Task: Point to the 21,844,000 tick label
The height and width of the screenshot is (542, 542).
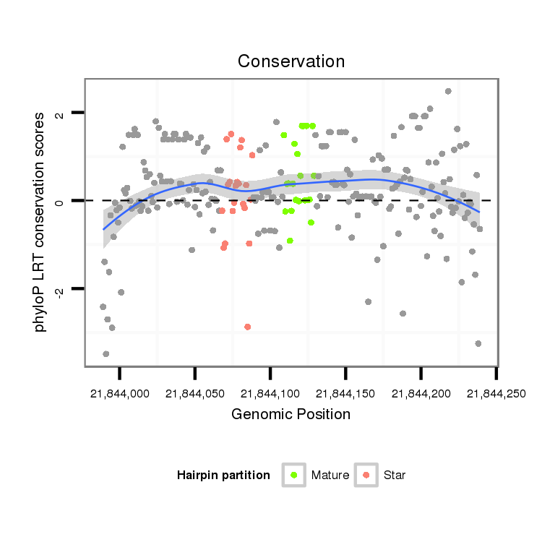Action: pos(120,393)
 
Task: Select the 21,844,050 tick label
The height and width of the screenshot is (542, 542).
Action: pos(195,393)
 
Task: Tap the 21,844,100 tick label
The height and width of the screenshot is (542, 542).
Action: pos(270,393)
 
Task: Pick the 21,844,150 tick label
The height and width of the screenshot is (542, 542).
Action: pos(345,393)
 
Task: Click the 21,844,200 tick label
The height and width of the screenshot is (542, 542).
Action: pos(421,393)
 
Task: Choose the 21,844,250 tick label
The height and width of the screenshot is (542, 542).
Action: pos(496,393)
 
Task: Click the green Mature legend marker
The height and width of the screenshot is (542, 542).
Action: pos(294,475)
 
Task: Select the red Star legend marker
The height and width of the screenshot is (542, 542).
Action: pos(366,475)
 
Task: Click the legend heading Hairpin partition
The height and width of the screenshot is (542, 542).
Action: pos(223,476)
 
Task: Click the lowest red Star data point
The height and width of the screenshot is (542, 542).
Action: pos(248,327)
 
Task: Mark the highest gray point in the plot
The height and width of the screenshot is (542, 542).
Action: pos(448,91)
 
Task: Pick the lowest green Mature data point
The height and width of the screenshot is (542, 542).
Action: pos(290,241)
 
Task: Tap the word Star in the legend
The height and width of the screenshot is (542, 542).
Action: pos(395,476)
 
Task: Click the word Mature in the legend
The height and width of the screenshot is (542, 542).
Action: pos(330,476)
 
